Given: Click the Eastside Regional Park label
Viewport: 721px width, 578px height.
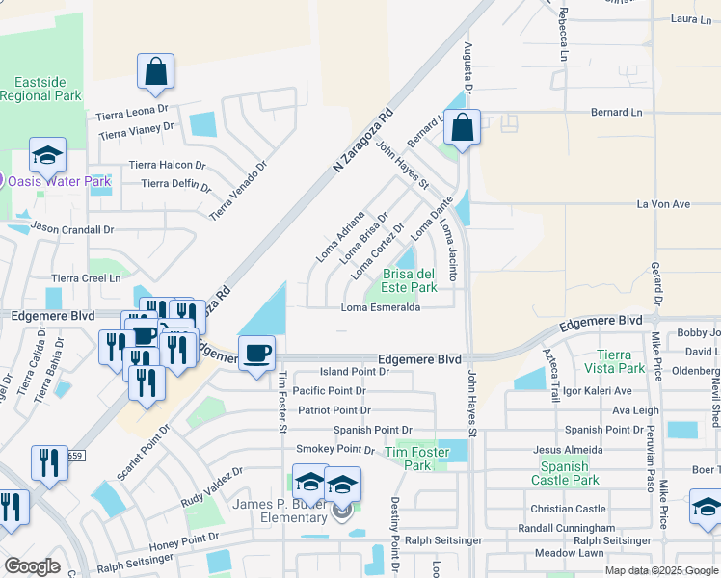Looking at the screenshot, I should (x=40, y=89).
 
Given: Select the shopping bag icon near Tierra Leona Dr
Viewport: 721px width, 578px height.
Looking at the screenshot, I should (x=155, y=72).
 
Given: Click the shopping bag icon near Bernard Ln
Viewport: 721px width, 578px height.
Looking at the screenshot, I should (x=463, y=127).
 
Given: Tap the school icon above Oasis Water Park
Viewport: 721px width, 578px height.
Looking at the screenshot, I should (x=47, y=156).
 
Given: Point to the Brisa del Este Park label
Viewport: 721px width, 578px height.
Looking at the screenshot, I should (x=410, y=280).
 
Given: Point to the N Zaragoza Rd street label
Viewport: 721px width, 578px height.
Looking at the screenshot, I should (x=364, y=141).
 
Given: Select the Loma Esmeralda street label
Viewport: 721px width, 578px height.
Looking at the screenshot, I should (x=381, y=308).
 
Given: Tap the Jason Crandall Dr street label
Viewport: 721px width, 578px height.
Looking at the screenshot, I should (x=72, y=229).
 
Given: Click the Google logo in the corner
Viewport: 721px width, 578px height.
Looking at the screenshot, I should (x=31, y=566).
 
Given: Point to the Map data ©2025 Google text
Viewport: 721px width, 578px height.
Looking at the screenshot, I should (x=659, y=570).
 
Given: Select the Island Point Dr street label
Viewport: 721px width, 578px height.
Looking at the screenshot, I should (x=355, y=371).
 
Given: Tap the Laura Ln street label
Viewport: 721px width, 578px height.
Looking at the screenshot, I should (x=690, y=18).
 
